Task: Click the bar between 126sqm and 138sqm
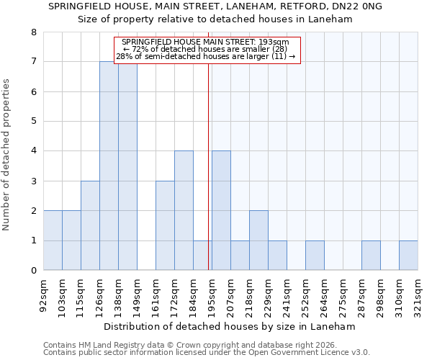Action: click(x=109, y=166)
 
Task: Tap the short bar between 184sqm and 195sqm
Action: click(x=202, y=255)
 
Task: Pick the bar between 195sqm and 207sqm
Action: click(x=221, y=210)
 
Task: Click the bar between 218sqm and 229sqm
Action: click(x=258, y=240)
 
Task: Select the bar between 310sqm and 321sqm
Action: click(x=408, y=255)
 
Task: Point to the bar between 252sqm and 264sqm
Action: click(x=315, y=255)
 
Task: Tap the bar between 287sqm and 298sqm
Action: click(x=371, y=255)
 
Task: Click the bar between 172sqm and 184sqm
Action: click(x=184, y=210)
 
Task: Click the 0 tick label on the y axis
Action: click(x=34, y=271)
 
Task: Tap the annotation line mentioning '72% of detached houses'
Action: click(x=206, y=49)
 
